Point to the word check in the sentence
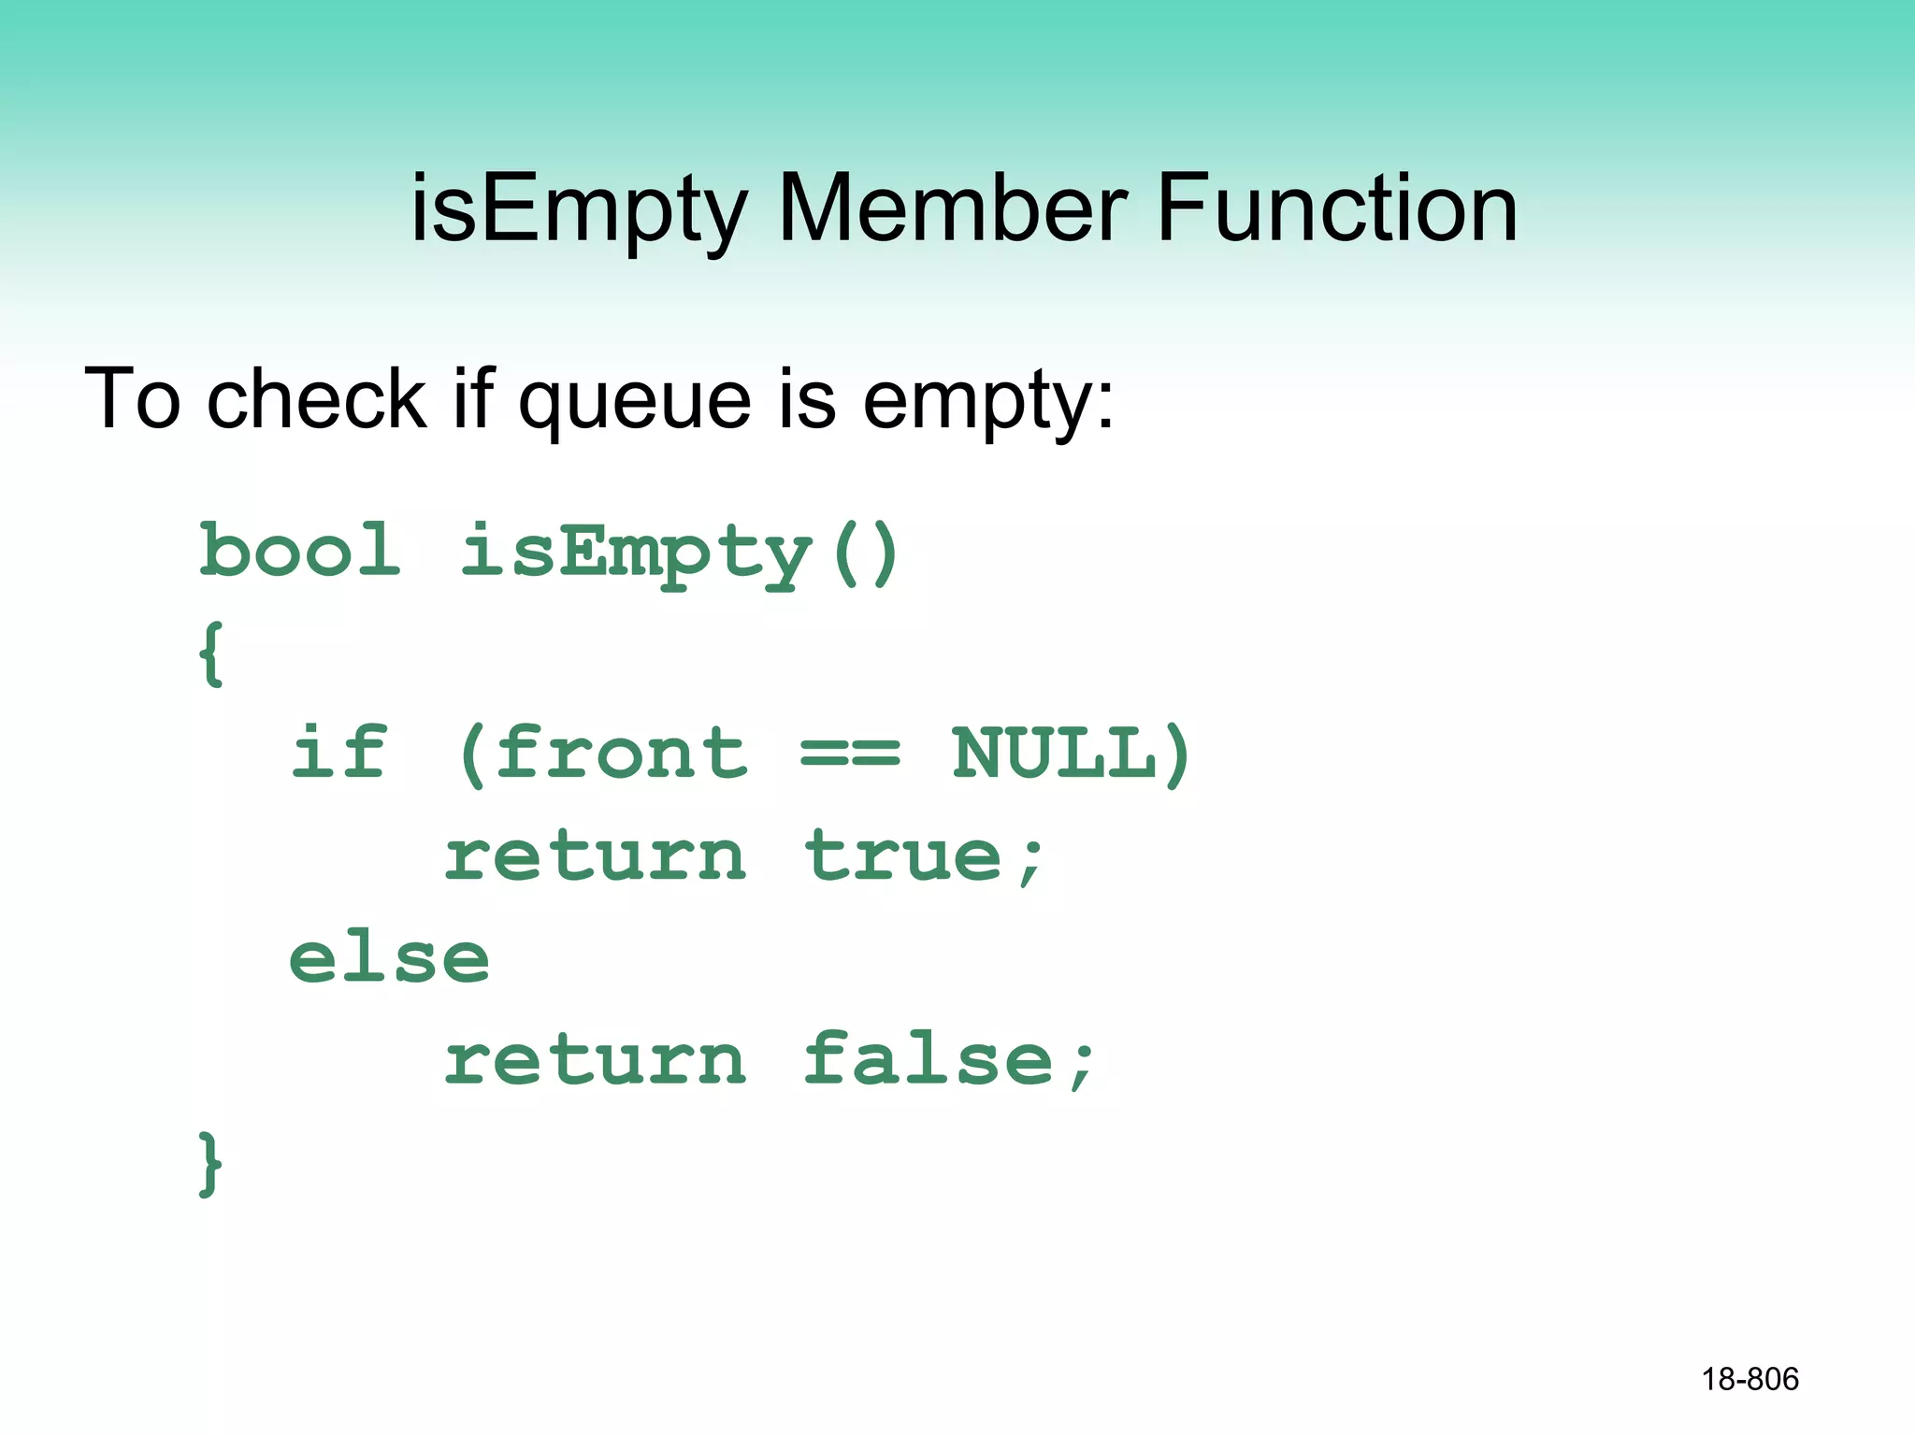tap(316, 398)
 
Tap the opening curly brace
tap(211, 653)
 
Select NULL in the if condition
tap(1055, 754)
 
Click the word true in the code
tap(903, 855)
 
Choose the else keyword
tap(389, 958)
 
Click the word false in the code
tap(929, 1059)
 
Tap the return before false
tap(595, 1061)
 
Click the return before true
tap(595, 857)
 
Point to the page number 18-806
tap(1749, 1379)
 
